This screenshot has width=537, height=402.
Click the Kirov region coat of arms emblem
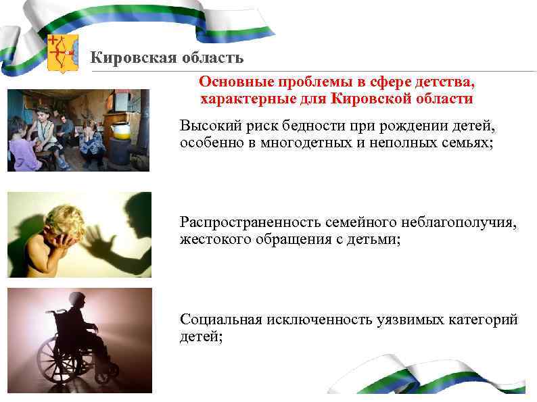63,53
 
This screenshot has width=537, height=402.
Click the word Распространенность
247,223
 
